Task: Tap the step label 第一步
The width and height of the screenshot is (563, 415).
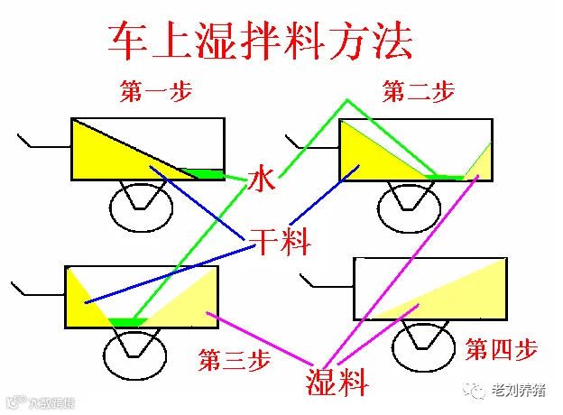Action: click(x=156, y=91)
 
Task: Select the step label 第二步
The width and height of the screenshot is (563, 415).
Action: click(x=418, y=91)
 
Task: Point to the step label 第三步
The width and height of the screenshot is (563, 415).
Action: click(x=235, y=362)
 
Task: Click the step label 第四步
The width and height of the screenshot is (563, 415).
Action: click(x=502, y=349)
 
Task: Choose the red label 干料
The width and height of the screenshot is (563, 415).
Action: click(x=280, y=241)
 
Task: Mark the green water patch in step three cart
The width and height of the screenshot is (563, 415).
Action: click(x=127, y=321)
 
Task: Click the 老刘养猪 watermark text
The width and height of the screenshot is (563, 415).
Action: click(x=516, y=391)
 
